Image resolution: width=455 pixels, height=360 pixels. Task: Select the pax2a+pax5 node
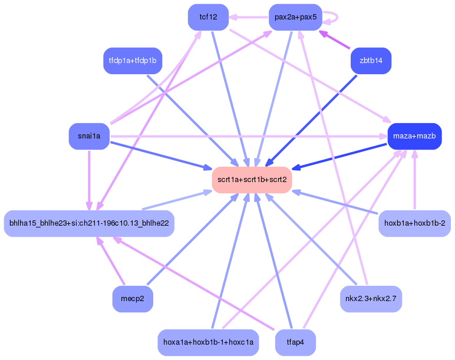(x=295, y=17)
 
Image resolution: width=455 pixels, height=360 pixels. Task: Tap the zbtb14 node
(x=371, y=60)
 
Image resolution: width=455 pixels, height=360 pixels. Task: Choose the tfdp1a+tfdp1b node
(x=133, y=60)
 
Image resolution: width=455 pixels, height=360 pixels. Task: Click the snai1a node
(x=89, y=136)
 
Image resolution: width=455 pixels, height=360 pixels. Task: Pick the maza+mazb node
(x=414, y=136)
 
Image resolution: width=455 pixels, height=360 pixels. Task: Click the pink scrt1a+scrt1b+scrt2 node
(x=252, y=179)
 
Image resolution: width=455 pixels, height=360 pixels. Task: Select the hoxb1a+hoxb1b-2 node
(x=414, y=223)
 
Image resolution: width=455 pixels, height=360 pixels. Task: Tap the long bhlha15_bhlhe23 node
(x=89, y=223)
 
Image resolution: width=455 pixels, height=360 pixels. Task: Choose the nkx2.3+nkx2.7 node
(x=371, y=299)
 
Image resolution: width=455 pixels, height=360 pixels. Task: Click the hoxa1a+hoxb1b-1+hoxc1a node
(x=208, y=342)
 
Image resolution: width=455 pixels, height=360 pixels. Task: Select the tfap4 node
(x=295, y=342)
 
